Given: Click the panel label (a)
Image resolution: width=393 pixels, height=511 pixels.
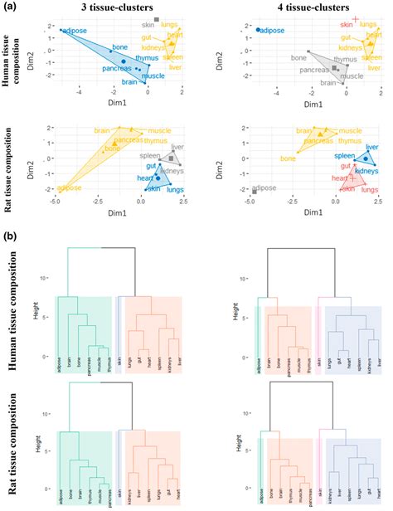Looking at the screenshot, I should pyautogui.click(x=9, y=7).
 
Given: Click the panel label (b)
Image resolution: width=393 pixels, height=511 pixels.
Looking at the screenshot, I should pyautogui.click(x=9, y=236).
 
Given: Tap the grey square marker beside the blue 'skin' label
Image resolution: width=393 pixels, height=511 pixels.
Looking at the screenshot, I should pyautogui.click(x=157, y=19).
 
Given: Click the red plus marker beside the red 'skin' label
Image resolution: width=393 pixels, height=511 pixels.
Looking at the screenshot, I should pyautogui.click(x=355, y=19).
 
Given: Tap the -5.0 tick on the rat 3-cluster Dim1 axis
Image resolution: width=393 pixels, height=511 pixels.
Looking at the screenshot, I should pyautogui.click(x=55, y=202).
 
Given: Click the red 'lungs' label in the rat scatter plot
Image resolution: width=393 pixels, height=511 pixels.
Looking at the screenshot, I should pyautogui.click(x=370, y=190).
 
